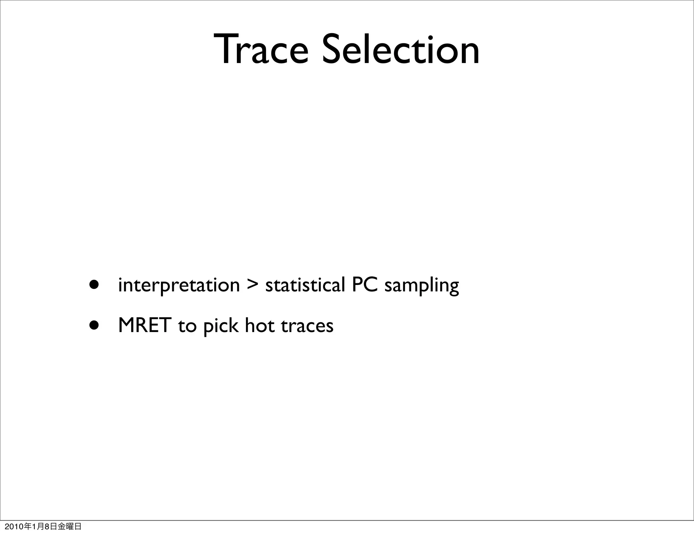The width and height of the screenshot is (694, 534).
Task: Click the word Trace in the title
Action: (x=261, y=49)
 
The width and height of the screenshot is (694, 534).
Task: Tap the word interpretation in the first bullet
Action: (x=179, y=285)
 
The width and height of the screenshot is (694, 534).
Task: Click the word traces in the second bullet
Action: (x=307, y=326)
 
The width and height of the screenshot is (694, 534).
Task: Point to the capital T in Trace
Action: (x=225, y=49)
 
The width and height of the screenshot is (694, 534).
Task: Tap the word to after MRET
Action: (x=187, y=326)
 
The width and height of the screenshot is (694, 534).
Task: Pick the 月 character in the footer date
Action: (x=40, y=527)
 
